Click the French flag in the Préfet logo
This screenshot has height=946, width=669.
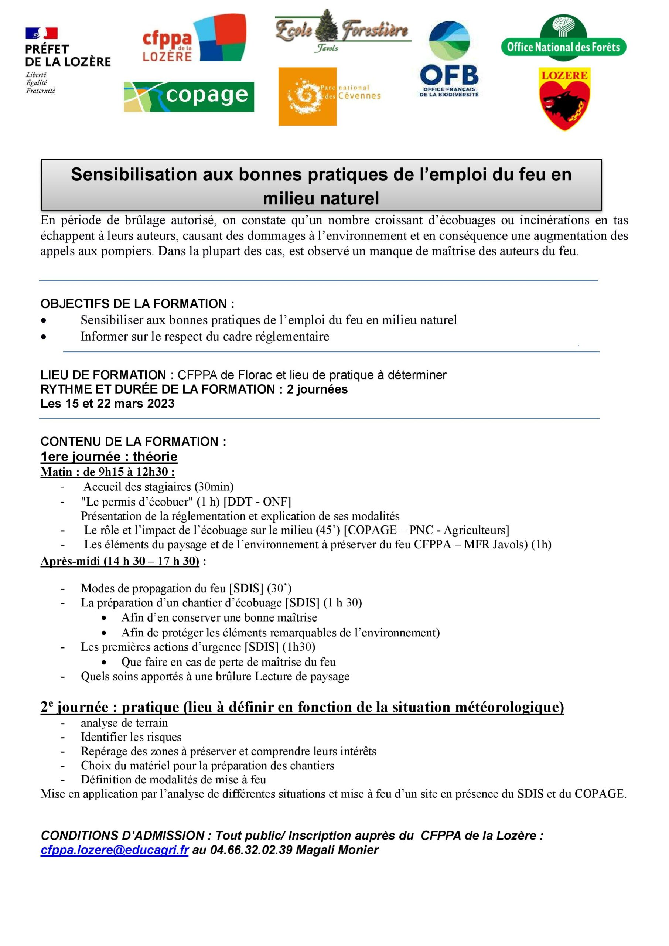point(41,33)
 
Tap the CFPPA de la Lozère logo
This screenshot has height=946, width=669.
point(194,39)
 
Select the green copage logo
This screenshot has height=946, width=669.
point(189,97)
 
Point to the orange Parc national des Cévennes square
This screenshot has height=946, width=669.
point(307,96)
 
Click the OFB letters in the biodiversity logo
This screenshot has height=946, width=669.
point(449,76)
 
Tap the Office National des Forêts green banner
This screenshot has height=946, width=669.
point(563,47)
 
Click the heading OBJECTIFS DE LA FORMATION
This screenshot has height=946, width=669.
point(137,304)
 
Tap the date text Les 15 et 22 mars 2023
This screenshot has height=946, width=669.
point(107,404)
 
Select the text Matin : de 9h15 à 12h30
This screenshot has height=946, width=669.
point(107,472)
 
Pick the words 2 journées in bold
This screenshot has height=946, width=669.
point(317,389)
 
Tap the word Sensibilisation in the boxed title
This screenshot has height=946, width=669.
point(134,175)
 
